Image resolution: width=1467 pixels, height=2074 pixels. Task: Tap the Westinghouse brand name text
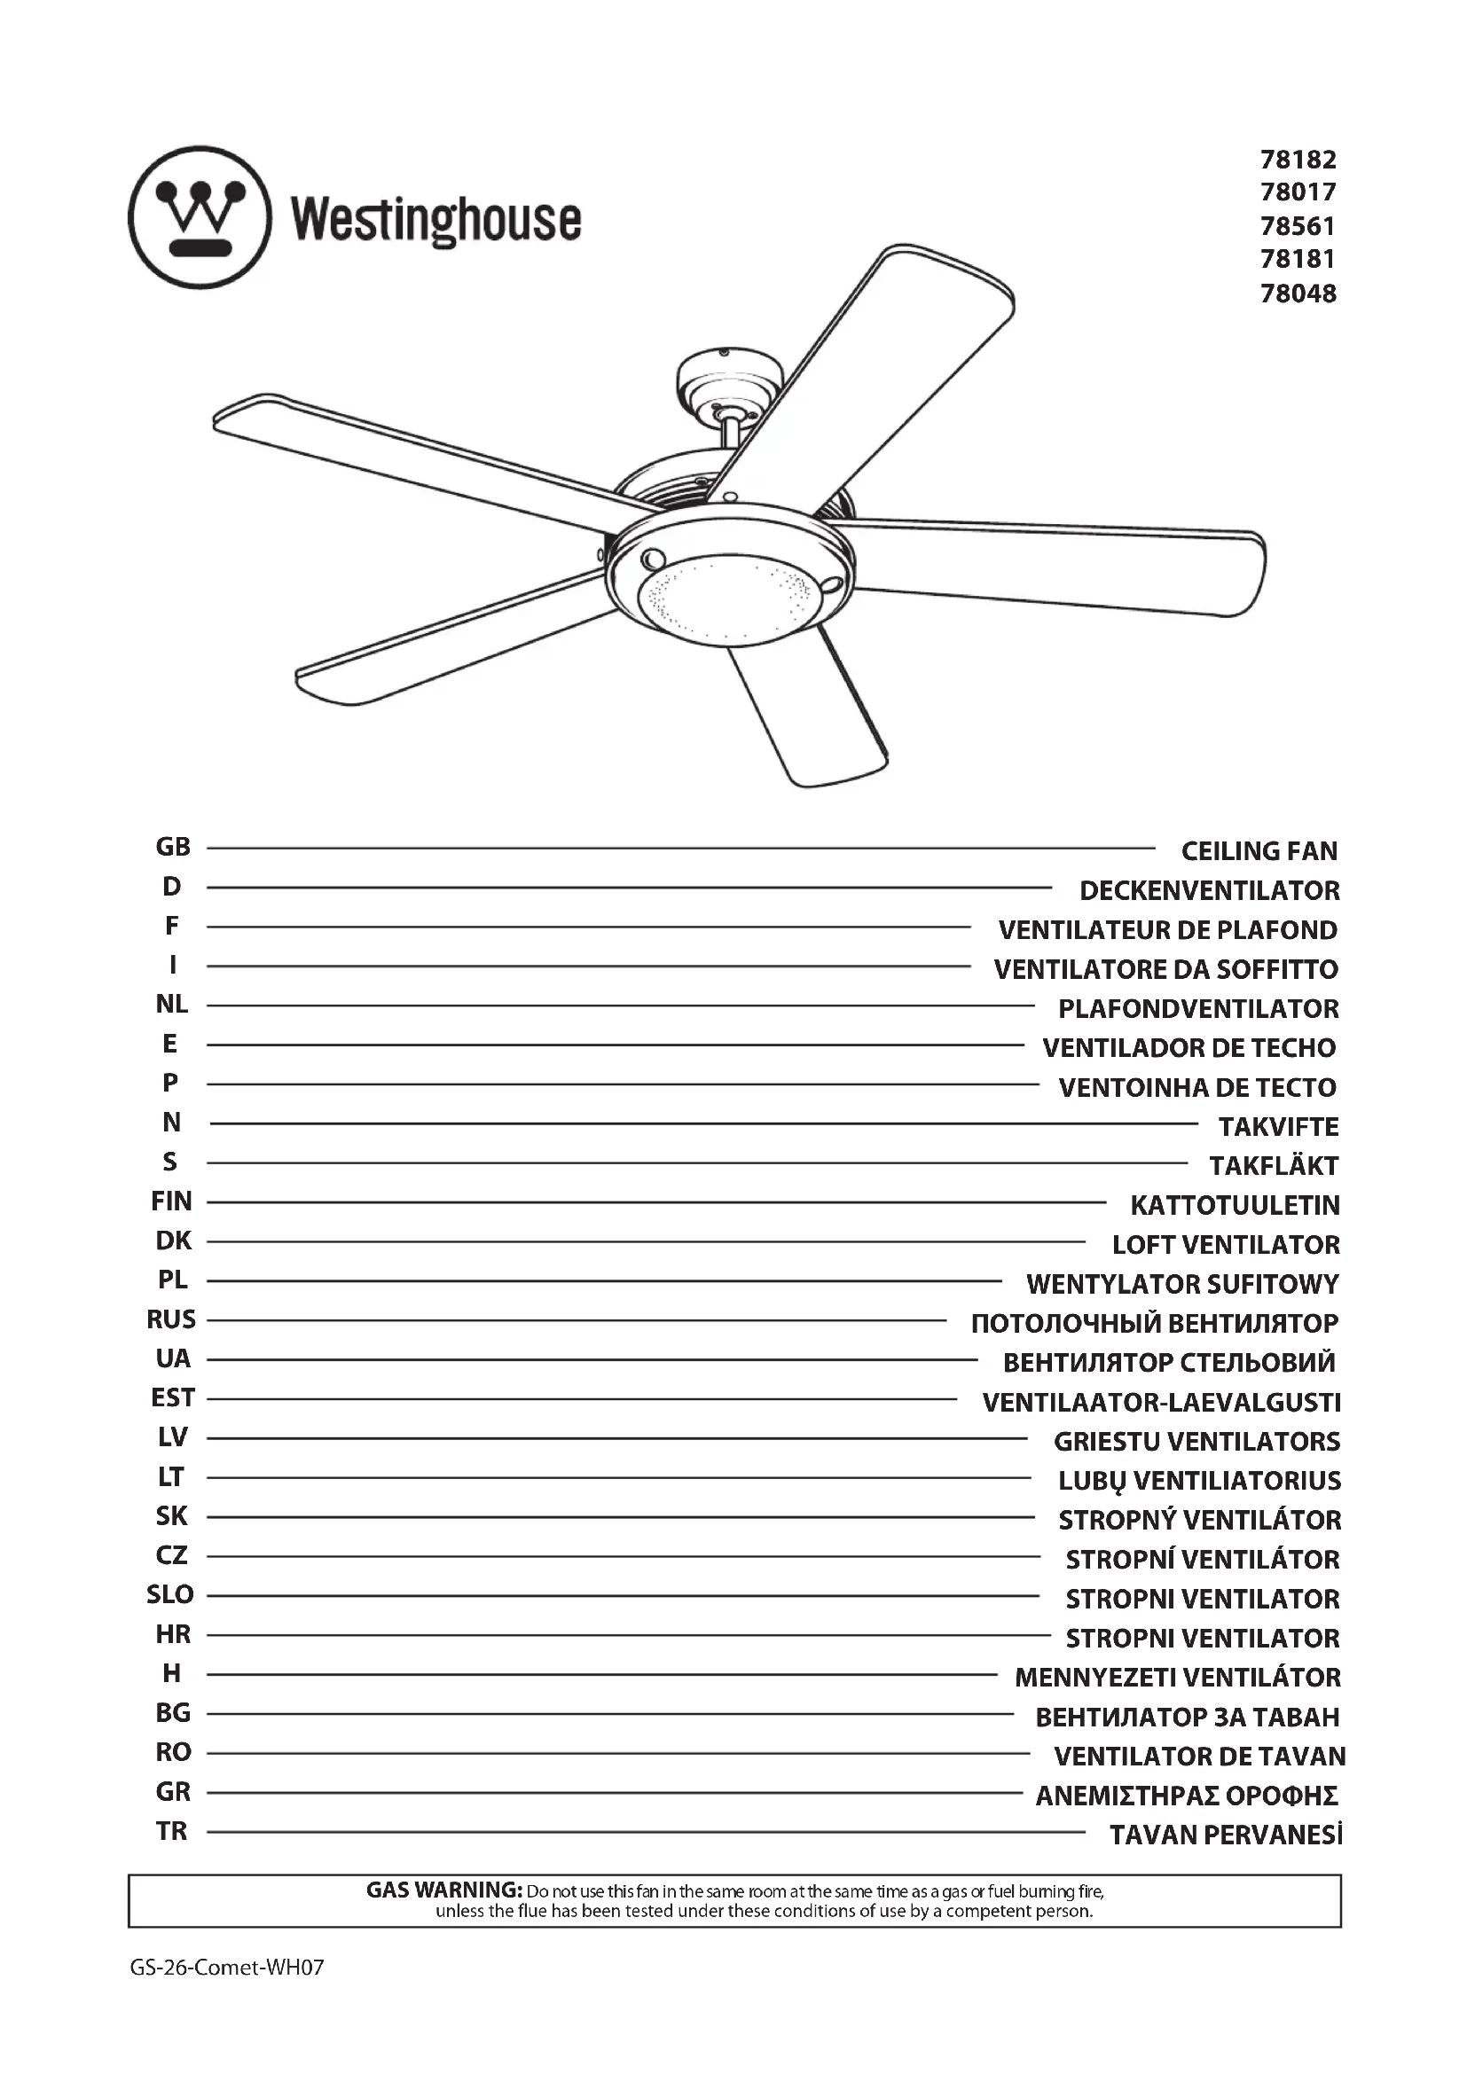(x=436, y=222)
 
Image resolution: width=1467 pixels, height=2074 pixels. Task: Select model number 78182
(x=1298, y=160)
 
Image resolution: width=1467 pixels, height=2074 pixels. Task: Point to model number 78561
(x=1298, y=226)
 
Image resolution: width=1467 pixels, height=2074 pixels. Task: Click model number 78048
(x=1298, y=293)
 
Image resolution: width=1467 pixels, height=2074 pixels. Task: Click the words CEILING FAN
(x=1259, y=851)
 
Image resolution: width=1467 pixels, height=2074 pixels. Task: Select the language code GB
(x=173, y=848)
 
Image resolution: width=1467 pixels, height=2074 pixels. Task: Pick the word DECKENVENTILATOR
(x=1210, y=890)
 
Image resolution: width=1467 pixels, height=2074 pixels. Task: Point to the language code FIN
(x=172, y=1201)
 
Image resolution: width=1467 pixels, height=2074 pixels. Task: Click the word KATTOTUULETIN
(x=1235, y=1205)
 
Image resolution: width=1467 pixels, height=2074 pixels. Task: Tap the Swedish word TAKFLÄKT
(x=1274, y=1166)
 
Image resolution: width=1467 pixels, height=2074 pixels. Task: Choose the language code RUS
(x=172, y=1319)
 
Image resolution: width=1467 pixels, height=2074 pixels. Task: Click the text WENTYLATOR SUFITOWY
(x=1182, y=1284)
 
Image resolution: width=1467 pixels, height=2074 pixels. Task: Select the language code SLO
(x=170, y=1595)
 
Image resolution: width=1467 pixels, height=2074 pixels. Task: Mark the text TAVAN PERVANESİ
(x=1226, y=1835)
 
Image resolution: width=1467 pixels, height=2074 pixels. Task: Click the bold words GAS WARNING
(x=443, y=1890)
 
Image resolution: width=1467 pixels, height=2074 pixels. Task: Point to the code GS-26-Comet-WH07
(x=227, y=1968)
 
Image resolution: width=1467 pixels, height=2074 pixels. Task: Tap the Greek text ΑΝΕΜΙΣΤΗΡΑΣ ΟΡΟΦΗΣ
(x=1187, y=1796)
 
